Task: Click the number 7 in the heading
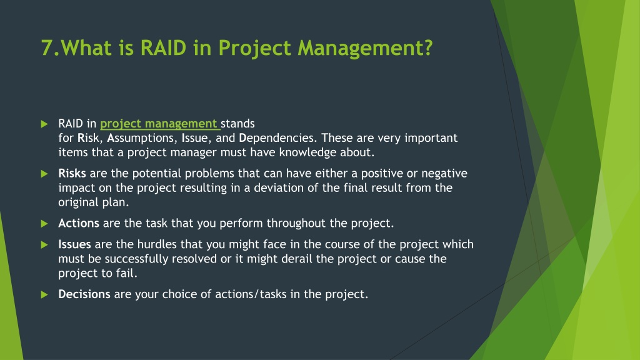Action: pyautogui.click(x=46, y=47)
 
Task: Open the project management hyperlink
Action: pyautogui.click(x=159, y=124)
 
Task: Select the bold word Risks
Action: pyautogui.click(x=72, y=174)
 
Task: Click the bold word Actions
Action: pyautogui.click(x=79, y=223)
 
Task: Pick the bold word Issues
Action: pyautogui.click(x=75, y=244)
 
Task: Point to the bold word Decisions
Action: pyautogui.click(x=84, y=294)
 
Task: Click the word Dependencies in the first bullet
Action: pyautogui.click(x=277, y=138)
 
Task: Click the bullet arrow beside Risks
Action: pyautogui.click(x=44, y=174)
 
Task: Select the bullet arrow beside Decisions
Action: pyautogui.click(x=44, y=295)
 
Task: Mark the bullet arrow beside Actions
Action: pyautogui.click(x=44, y=224)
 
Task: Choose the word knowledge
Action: pyautogui.click(x=302, y=152)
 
